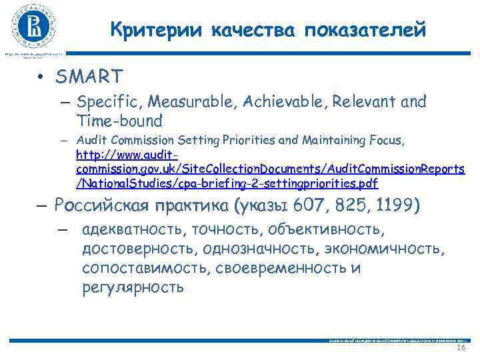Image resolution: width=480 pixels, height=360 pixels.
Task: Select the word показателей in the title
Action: click(x=365, y=29)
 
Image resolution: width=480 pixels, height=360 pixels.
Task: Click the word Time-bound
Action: click(x=119, y=121)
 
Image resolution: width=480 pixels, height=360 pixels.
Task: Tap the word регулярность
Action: click(x=133, y=287)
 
